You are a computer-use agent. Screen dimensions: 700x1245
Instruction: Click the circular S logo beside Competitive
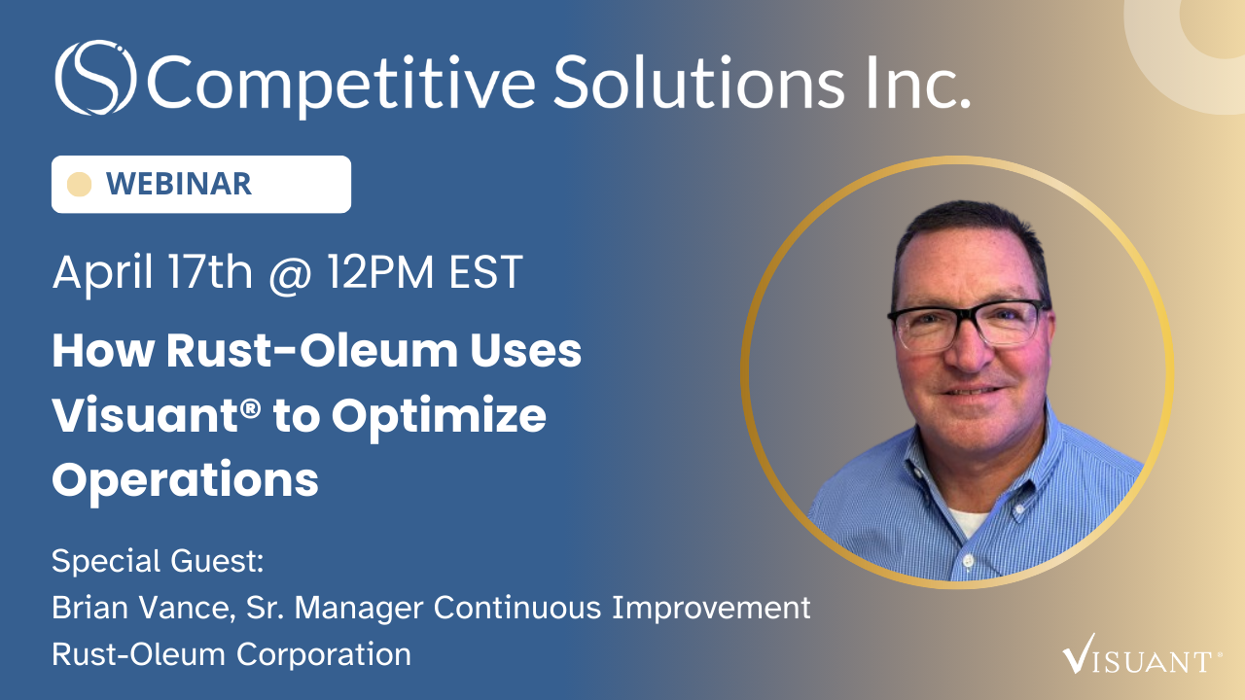(x=94, y=78)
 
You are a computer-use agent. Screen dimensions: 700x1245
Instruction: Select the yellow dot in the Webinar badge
(x=80, y=184)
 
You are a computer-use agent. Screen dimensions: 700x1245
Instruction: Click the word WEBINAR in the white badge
(x=178, y=184)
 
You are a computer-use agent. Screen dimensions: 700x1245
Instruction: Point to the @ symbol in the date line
(x=290, y=273)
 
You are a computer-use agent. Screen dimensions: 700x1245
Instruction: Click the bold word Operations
(x=185, y=479)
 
